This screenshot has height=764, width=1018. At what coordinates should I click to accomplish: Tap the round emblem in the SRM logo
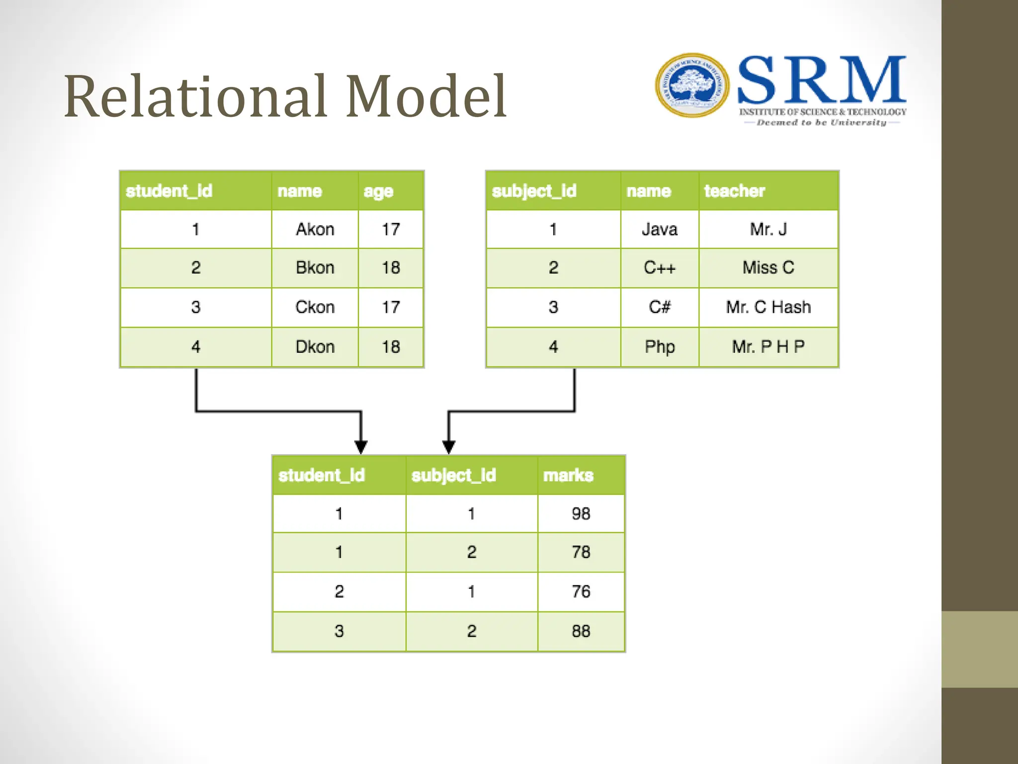point(692,86)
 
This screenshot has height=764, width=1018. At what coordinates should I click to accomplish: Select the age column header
point(379,191)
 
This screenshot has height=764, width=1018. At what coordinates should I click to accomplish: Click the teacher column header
point(734,191)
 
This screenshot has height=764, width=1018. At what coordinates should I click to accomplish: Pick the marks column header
point(568,476)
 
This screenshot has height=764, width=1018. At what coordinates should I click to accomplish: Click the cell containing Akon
point(315,229)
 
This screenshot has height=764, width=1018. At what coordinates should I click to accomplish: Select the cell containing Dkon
point(315,347)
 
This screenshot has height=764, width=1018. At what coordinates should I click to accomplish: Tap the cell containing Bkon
point(315,268)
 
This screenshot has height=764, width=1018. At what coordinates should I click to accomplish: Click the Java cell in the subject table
point(659,229)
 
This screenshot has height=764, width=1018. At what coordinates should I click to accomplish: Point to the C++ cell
point(659,268)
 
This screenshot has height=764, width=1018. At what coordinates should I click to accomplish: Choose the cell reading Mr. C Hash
point(768,307)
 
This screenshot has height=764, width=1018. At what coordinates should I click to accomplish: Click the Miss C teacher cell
point(768,268)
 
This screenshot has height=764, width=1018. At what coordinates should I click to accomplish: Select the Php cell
point(659,347)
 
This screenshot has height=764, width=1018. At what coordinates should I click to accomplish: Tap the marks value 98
point(581,513)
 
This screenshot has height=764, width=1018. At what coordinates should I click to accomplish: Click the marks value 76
point(581,591)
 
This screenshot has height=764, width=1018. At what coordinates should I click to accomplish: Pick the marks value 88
point(581,631)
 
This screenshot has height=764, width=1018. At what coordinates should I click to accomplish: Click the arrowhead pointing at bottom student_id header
point(361,447)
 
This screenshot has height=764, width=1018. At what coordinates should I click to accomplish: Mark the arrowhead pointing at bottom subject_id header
point(449,447)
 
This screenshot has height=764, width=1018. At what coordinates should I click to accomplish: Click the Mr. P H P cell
point(768,347)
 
